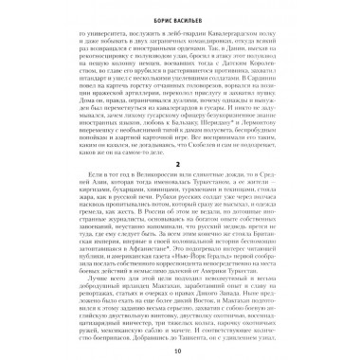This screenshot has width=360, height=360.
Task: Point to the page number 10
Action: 179,351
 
